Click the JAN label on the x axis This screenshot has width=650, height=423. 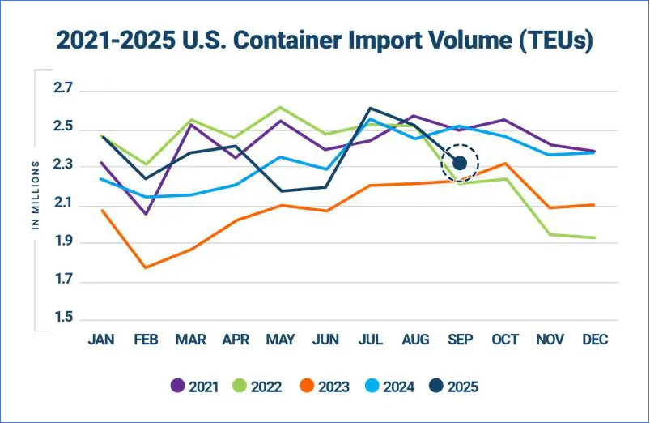click(101, 340)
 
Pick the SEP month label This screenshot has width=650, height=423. click(460, 340)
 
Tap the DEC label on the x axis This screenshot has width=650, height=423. click(594, 340)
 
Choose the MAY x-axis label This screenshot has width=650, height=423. click(280, 340)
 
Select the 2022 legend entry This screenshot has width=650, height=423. click(257, 387)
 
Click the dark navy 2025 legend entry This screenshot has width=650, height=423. click(452, 387)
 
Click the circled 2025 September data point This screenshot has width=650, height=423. click(460, 164)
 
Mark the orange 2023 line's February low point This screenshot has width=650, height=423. click(146, 267)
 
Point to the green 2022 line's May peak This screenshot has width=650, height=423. click(280, 107)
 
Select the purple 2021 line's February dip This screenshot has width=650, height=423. click(146, 214)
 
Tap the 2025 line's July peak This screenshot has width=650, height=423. click(370, 108)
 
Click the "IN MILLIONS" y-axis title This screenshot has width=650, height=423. click(36, 195)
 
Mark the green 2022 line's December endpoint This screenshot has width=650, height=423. click(594, 237)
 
